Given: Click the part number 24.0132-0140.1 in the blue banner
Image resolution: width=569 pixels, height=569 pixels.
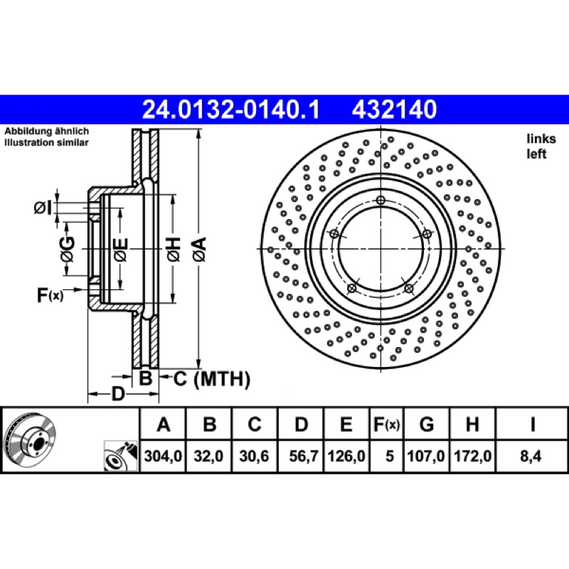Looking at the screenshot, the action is [230, 110].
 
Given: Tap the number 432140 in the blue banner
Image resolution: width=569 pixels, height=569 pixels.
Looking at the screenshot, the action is [394, 110].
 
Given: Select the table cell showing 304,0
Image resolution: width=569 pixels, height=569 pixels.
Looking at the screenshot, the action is [163, 456].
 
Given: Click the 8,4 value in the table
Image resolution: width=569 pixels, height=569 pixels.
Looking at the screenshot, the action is [531, 456].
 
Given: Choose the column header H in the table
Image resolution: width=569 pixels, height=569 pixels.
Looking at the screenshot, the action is [472, 424].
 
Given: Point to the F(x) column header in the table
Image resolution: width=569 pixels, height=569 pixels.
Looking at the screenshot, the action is [386, 424].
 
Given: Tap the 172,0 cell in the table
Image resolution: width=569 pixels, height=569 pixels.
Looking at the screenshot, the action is [472, 456].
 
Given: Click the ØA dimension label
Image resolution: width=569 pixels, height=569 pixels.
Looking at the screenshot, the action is [200, 249].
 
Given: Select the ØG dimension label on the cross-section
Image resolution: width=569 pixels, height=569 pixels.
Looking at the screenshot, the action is [68, 250].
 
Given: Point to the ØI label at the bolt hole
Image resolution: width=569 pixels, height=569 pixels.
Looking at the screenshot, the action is [43, 208].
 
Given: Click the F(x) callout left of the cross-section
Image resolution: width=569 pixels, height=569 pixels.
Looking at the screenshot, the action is [50, 295].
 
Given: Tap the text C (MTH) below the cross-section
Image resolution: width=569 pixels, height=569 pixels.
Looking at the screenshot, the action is [211, 379].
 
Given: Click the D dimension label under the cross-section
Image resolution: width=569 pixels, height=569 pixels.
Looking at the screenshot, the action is [117, 394].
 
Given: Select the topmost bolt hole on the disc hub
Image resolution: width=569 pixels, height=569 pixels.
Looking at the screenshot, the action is [381, 200].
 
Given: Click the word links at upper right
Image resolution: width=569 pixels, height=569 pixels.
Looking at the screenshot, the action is [541, 139].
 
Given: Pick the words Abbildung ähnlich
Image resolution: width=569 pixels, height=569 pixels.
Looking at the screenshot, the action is [46, 131].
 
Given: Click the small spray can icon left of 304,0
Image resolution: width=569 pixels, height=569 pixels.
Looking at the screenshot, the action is [121, 456].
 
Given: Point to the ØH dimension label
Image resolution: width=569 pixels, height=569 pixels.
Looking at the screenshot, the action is [174, 249].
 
